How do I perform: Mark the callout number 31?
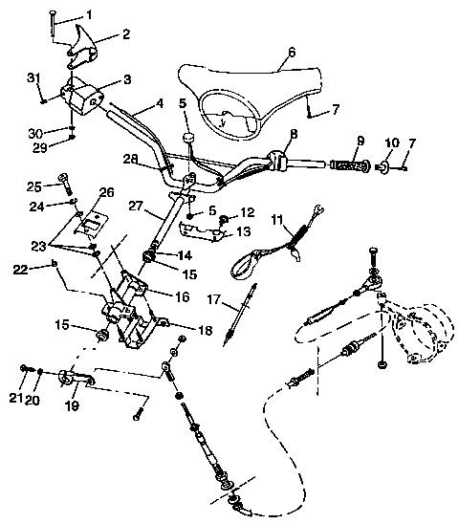pyautogui.click(x=33, y=77)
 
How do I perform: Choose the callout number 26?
pyautogui.click(x=104, y=191)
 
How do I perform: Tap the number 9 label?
pyautogui.click(x=360, y=142)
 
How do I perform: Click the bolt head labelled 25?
pyautogui.click(x=66, y=177)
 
